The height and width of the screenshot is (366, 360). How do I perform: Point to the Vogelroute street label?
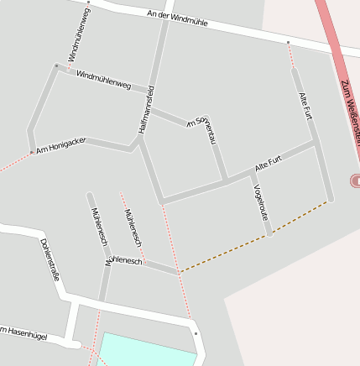click(260, 201)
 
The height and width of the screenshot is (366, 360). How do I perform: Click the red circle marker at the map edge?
click(356, 180)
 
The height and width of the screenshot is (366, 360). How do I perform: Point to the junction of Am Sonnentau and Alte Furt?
click(225, 180)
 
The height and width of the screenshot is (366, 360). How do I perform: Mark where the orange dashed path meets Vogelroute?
click(270, 234)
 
